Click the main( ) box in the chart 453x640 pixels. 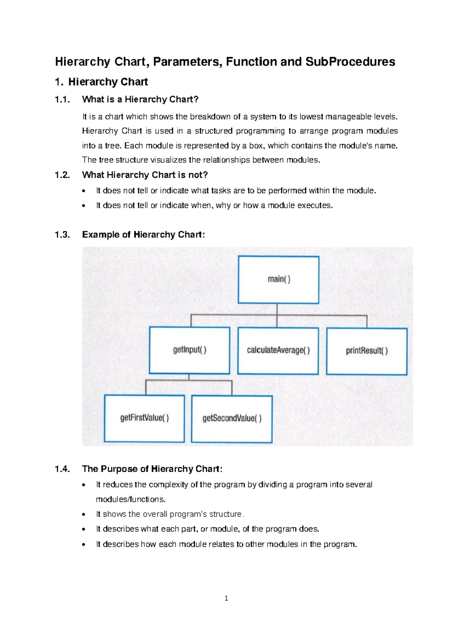tap(279, 280)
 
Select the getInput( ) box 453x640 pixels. tap(190, 350)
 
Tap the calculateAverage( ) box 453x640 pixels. tap(278, 351)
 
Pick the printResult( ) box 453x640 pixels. tap(367, 351)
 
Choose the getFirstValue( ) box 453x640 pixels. tap(144, 418)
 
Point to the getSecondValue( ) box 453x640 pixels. tap(232, 418)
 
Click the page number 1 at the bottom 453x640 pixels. tap(226, 598)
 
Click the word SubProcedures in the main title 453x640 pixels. tap(350, 62)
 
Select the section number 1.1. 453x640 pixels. tap(62, 100)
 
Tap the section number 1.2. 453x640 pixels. tap(62, 175)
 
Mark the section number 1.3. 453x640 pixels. tap(62, 235)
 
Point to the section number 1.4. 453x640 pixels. tap(62, 469)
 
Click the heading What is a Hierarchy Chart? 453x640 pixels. tap(140, 100)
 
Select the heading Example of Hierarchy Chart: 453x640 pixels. tap(143, 235)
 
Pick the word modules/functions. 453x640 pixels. tap(131, 499)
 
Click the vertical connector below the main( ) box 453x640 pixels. tap(277, 309)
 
